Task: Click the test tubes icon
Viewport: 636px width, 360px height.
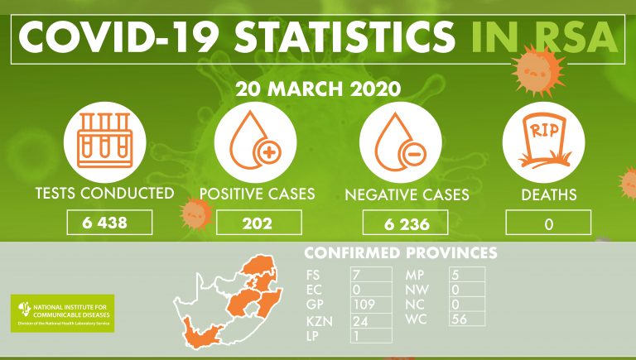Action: (x=105, y=140)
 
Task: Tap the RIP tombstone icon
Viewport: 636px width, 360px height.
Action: (x=544, y=141)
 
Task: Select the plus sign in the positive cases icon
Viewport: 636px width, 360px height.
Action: (x=269, y=153)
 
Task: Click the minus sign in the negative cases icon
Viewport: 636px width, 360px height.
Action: (x=414, y=154)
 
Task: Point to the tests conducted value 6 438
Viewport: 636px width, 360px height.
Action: (x=104, y=223)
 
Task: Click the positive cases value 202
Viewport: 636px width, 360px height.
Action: (x=258, y=223)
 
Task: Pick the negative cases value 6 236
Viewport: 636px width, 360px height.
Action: (x=407, y=224)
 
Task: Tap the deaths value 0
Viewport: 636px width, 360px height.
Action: (x=549, y=223)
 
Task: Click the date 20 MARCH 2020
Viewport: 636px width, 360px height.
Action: (x=318, y=89)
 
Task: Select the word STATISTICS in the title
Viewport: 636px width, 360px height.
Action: (x=344, y=36)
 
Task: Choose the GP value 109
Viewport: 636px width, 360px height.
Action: (x=364, y=304)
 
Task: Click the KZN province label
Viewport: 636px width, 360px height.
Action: (x=320, y=321)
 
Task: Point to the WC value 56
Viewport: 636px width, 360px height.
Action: (x=460, y=319)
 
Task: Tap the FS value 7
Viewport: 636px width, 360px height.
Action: (x=357, y=275)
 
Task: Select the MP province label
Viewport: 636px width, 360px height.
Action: (x=415, y=275)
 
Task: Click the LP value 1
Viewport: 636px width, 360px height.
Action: (x=356, y=336)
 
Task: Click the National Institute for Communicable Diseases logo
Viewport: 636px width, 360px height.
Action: (x=62, y=314)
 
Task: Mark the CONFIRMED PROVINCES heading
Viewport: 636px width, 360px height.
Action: (x=401, y=252)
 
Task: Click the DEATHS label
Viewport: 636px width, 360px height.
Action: (x=549, y=195)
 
